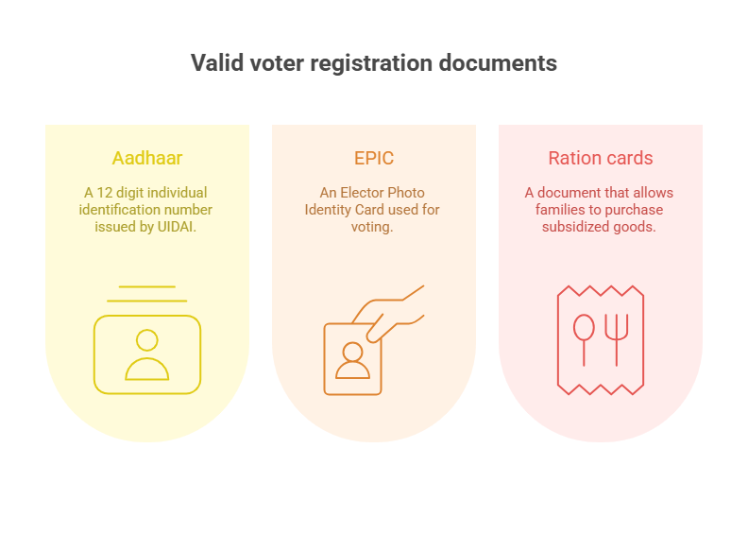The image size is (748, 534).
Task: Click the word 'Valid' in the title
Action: (x=217, y=63)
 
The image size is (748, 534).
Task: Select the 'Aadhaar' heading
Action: (x=147, y=158)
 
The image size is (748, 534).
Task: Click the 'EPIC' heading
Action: (x=374, y=158)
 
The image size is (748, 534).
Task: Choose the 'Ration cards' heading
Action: (x=600, y=158)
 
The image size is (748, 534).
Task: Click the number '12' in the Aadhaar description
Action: (x=105, y=192)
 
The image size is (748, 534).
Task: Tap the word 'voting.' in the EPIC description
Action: (x=372, y=227)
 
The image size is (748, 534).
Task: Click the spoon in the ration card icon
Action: (x=584, y=337)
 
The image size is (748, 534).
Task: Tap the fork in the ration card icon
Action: (x=617, y=338)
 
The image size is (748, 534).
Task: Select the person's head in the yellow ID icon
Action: (x=147, y=340)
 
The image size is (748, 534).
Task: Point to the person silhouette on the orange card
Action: (x=352, y=361)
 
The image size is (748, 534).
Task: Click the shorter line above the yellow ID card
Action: (x=147, y=286)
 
